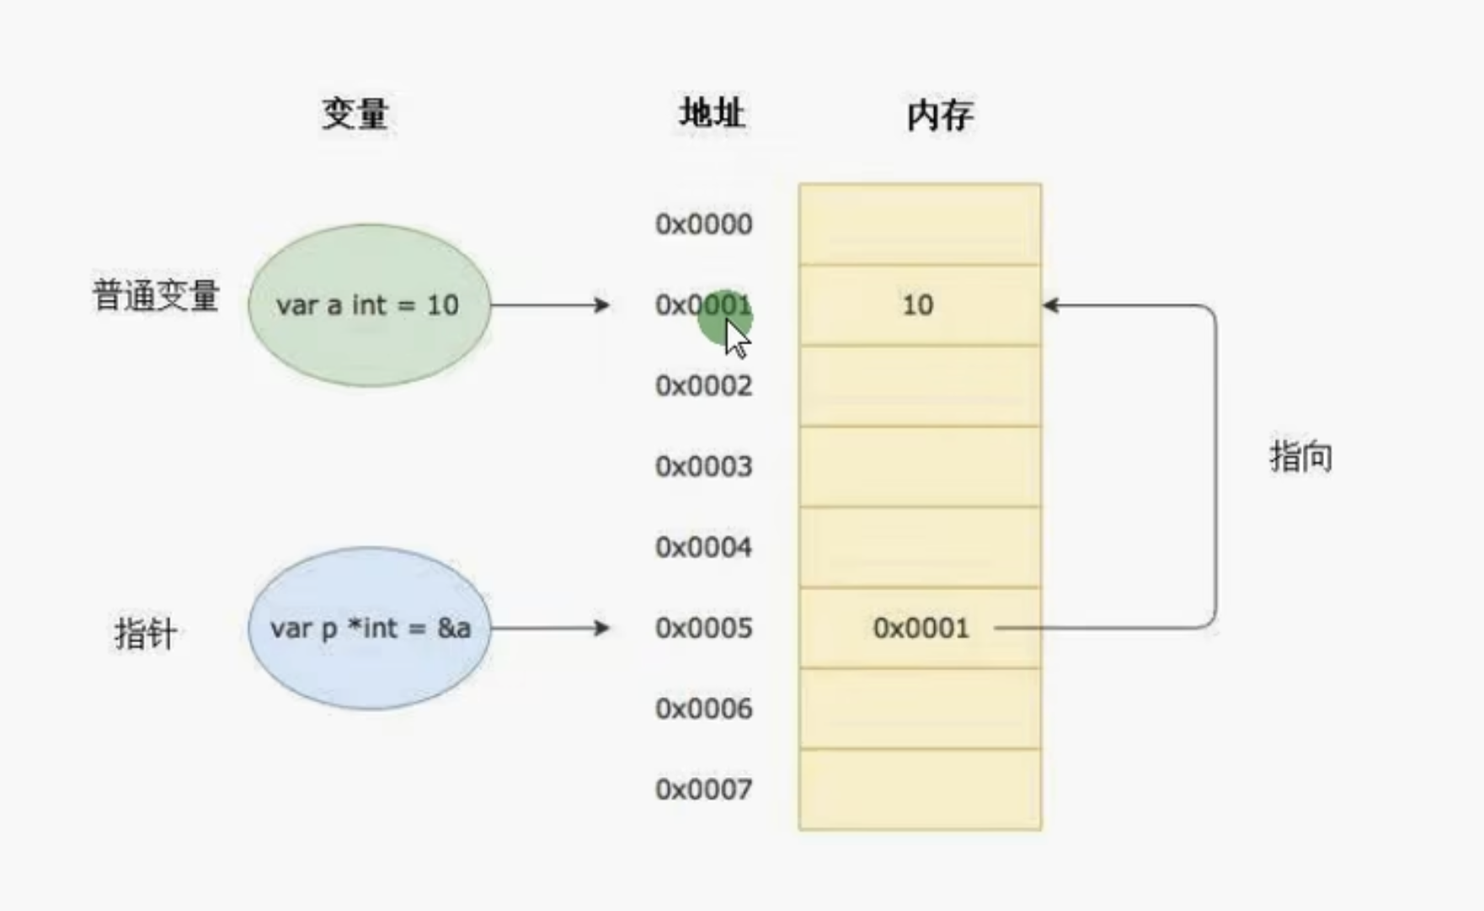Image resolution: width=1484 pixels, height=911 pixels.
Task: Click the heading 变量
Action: [x=355, y=114]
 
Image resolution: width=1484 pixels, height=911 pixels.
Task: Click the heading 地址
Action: [x=713, y=113]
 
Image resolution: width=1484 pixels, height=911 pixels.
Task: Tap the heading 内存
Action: [x=940, y=115]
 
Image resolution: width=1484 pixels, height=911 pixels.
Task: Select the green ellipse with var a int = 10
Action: [x=369, y=305]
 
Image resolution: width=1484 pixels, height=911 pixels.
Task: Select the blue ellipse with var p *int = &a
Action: [x=369, y=628]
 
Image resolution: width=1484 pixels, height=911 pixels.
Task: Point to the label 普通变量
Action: [x=156, y=296]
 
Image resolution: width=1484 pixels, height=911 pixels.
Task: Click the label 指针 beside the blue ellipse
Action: [x=146, y=633]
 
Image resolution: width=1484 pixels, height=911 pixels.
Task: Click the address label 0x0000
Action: [x=704, y=224]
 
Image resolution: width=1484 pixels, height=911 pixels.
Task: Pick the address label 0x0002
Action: [x=704, y=386]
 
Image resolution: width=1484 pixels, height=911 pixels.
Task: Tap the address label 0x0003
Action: [x=704, y=466]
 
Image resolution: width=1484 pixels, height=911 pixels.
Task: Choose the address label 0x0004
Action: [x=704, y=547]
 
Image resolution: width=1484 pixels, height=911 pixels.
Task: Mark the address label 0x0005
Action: [x=704, y=628]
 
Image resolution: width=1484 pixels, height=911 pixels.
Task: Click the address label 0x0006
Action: [x=704, y=709]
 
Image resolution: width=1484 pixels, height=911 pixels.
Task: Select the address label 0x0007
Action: [x=704, y=790]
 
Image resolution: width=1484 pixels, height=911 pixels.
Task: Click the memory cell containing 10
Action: [x=920, y=305]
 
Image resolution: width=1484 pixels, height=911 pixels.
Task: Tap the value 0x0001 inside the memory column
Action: [x=921, y=628]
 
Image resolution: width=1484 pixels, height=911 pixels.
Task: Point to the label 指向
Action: [x=1301, y=456]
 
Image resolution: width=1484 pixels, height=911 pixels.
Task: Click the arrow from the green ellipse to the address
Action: [x=550, y=305]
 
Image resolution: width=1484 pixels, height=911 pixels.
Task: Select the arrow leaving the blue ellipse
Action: [x=550, y=628]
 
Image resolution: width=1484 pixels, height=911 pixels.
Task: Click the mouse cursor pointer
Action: [x=736, y=338]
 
